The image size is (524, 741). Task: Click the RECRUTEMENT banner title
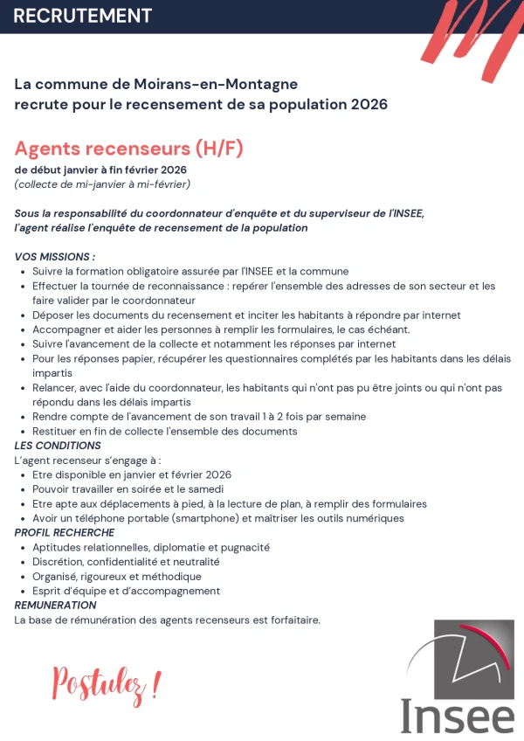point(83,16)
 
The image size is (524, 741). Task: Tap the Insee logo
point(458,678)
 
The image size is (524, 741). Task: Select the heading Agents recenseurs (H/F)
point(128,148)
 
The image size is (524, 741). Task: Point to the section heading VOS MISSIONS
point(55,257)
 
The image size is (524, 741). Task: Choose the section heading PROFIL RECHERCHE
point(65,532)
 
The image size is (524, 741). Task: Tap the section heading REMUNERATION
point(56,605)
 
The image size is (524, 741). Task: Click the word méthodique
point(173,577)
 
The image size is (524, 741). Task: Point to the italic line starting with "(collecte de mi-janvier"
point(102,184)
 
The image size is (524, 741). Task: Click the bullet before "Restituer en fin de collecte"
point(22,432)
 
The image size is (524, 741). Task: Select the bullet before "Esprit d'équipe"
point(22,592)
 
